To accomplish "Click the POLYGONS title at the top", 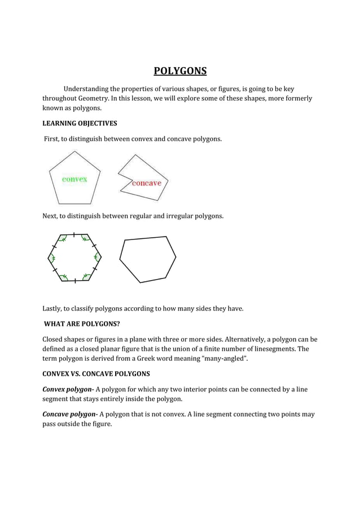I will (180, 71).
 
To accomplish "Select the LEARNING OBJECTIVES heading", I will (80, 123).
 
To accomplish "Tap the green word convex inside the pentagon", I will (74, 179).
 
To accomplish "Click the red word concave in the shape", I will (146, 183).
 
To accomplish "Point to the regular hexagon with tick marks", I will (74, 258).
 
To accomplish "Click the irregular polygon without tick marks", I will (147, 259).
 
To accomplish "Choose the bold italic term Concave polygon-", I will (70, 415).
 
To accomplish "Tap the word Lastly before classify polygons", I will (54, 308).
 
